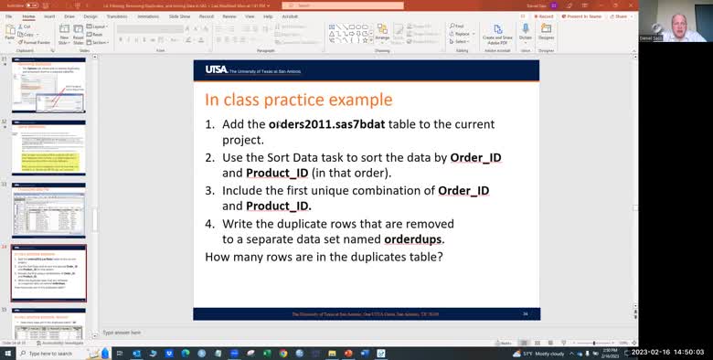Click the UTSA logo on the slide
[217, 69]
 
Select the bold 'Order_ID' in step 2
[475, 157]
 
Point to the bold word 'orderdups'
[413, 239]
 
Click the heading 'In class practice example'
[298, 100]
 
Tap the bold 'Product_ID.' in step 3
[279, 206]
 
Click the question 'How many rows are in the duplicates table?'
[324, 257]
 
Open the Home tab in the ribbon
[29, 16]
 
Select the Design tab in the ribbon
[90, 16]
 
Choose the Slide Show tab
[179, 16]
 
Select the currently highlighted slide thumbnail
[48, 271]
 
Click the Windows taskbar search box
[50, 354]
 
